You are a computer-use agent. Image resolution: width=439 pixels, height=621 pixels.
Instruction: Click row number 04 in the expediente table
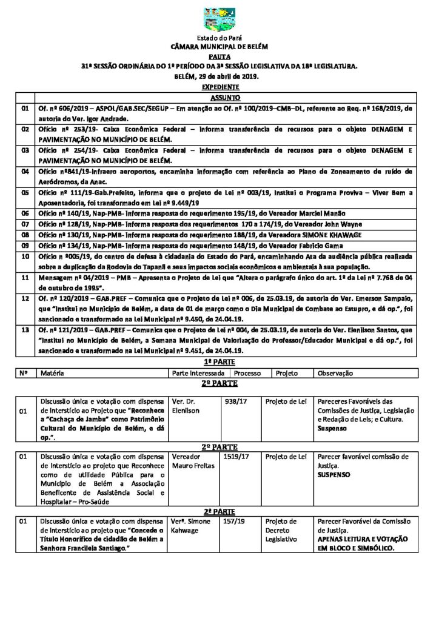[25, 172]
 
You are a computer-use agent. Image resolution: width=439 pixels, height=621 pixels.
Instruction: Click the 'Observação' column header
[335, 374]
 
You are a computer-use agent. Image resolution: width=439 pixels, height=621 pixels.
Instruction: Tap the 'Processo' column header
[248, 374]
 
